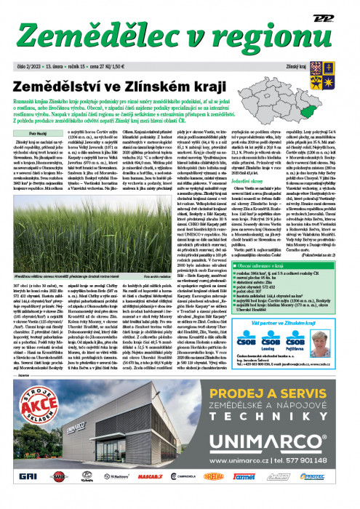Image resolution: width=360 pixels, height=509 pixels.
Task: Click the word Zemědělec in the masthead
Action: coord(93,36)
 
